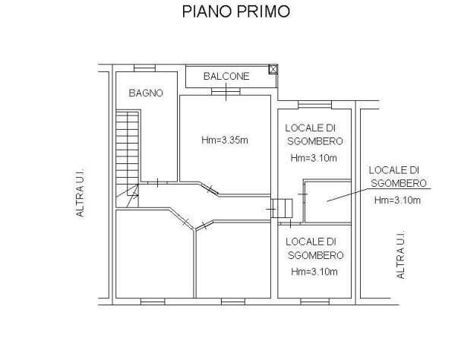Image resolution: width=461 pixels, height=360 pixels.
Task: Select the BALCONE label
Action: click(226, 77)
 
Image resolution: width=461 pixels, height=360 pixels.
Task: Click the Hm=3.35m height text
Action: click(225, 140)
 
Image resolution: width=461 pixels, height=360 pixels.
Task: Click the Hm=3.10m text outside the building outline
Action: click(397, 201)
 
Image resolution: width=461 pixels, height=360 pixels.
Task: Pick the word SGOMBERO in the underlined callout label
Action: click(397, 183)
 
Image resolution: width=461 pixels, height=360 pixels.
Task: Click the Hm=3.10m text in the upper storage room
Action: click(314, 158)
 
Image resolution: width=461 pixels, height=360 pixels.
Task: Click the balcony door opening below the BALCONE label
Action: click(225, 91)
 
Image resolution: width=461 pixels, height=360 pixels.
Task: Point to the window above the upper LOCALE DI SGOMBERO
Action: click(311, 103)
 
